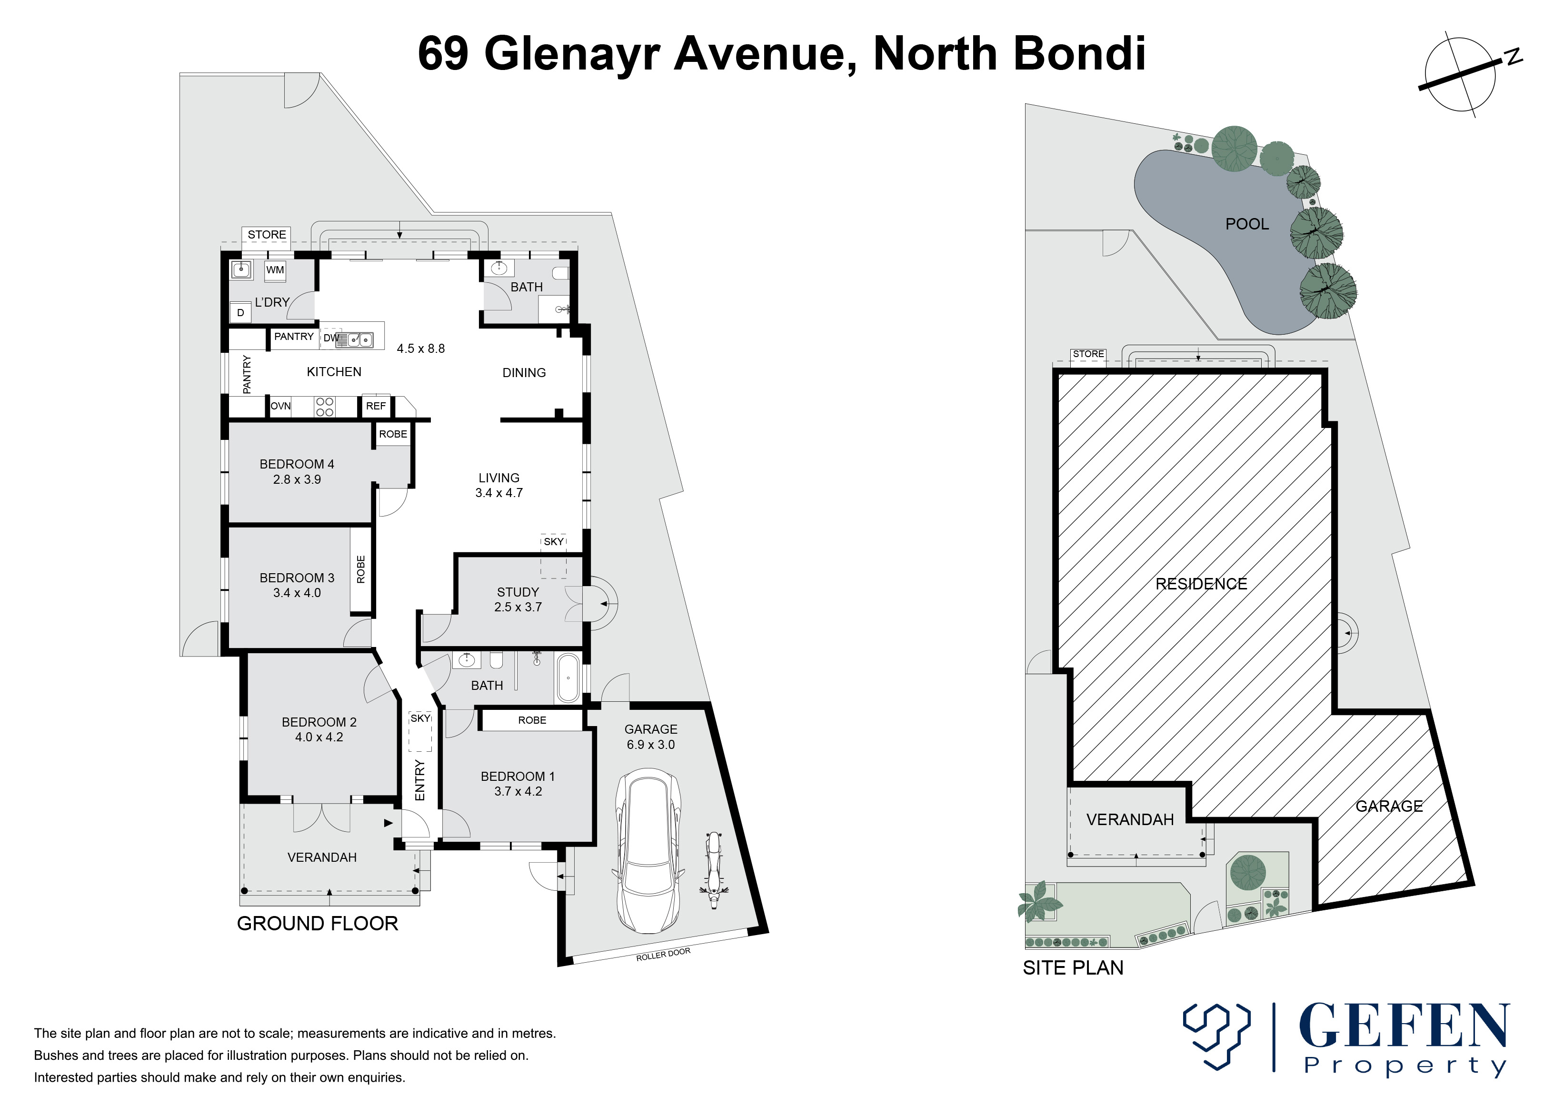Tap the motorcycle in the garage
(713, 870)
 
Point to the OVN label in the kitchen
(280, 406)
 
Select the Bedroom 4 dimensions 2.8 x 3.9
(297, 479)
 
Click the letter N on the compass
(1514, 57)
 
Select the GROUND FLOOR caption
(318, 924)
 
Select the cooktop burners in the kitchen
(324, 407)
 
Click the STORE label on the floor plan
(266, 234)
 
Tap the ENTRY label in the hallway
(419, 780)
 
